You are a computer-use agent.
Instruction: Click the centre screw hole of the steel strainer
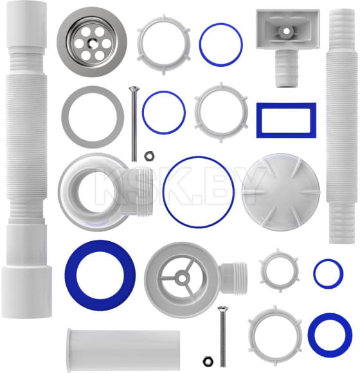click(x=92, y=42)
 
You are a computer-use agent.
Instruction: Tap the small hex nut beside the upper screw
click(x=149, y=156)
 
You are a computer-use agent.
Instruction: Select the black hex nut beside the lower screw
click(x=208, y=361)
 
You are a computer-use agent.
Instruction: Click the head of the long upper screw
click(x=134, y=89)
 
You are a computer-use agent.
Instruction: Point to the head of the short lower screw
click(x=223, y=309)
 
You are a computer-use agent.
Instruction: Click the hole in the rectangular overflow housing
click(x=287, y=31)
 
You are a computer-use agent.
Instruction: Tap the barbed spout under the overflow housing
click(x=287, y=68)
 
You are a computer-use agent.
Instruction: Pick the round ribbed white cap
click(x=281, y=192)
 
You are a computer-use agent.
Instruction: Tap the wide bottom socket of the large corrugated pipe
click(x=26, y=291)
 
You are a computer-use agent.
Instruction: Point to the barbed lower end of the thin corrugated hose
click(x=342, y=223)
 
